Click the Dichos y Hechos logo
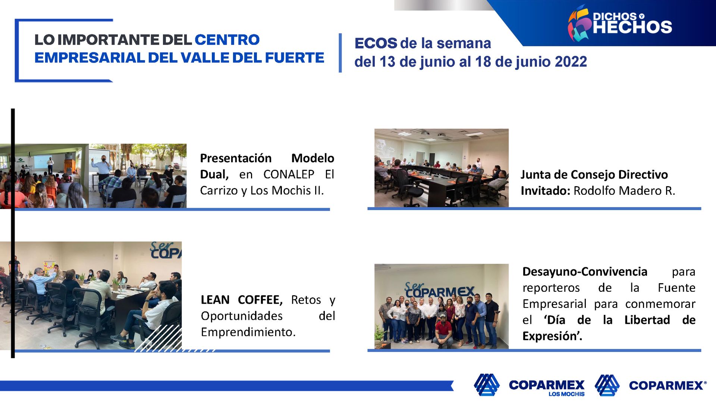coord(620,23)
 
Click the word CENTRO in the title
coord(227,40)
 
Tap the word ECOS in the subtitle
coord(376,43)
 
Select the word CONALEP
coord(289,174)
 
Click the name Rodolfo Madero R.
coord(624,191)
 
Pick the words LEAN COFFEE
coord(241,300)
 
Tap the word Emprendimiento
coord(248,332)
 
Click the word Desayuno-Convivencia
coord(585,272)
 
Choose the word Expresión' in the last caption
coord(552,336)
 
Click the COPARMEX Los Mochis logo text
coord(547,385)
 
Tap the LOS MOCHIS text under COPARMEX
coord(566,394)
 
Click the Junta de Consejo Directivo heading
coord(594,175)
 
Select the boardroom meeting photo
coord(442,168)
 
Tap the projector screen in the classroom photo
coord(43,161)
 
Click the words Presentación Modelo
coord(267,158)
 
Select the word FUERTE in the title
coord(295,58)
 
